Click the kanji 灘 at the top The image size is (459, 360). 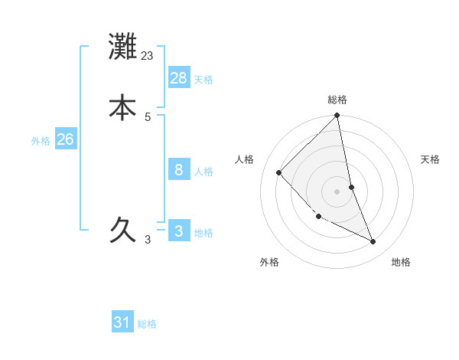tap(122, 47)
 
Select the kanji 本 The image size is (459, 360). tap(122, 107)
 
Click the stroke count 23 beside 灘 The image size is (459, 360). tap(148, 55)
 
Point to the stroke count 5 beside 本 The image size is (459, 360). tap(148, 116)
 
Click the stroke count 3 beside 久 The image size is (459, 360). tap(148, 240)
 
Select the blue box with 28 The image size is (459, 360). tap(179, 77)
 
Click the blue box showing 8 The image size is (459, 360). tap(179, 169)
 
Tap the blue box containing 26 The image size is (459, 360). tap(66, 139)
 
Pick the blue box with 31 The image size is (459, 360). tap(122, 322)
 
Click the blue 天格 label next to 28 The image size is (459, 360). tap(203, 80)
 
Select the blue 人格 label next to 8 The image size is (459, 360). tap(203, 172)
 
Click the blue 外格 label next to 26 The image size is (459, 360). tap(41, 141)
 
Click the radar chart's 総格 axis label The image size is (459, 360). tap(337, 100)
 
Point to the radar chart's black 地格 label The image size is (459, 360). tap(401, 262)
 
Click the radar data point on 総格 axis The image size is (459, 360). tap(337, 116)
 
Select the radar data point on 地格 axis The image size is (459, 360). tap(373, 242)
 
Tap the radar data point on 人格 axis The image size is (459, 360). tap(279, 172)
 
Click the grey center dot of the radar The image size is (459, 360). tap(337, 191)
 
